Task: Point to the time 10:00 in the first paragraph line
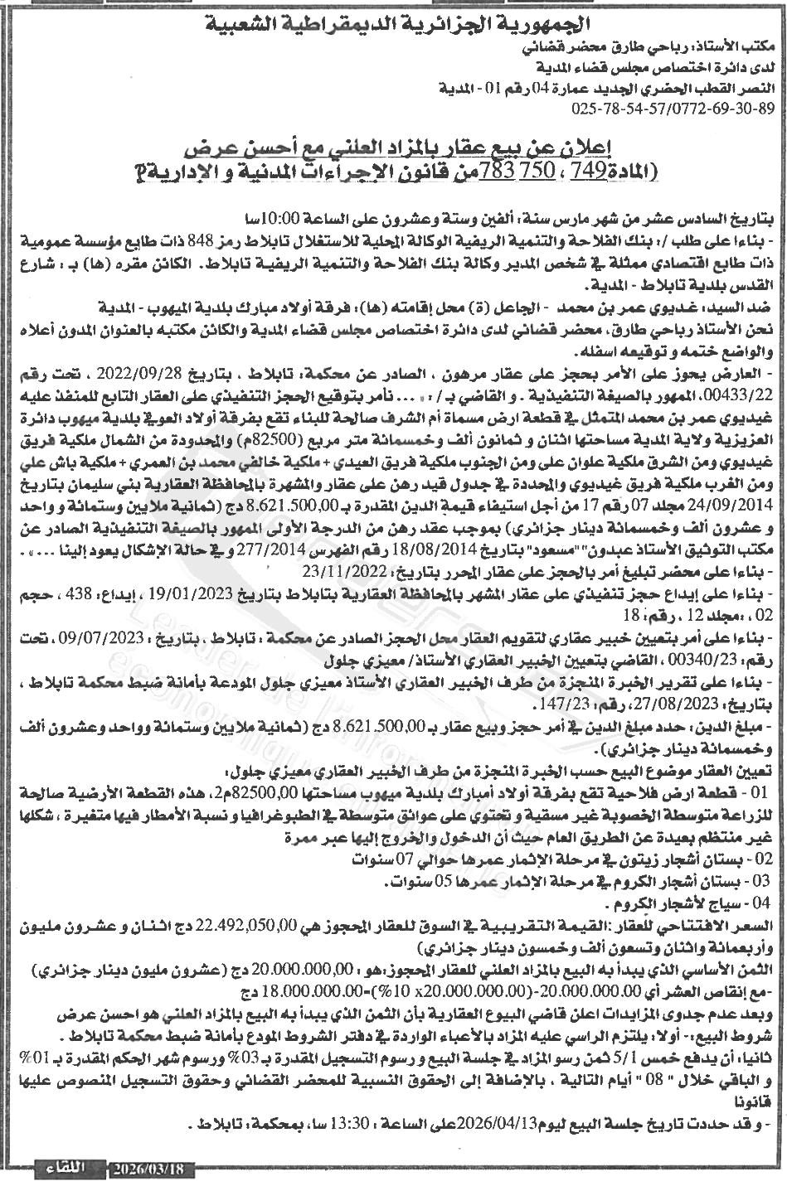pyautogui.click(x=291, y=218)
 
